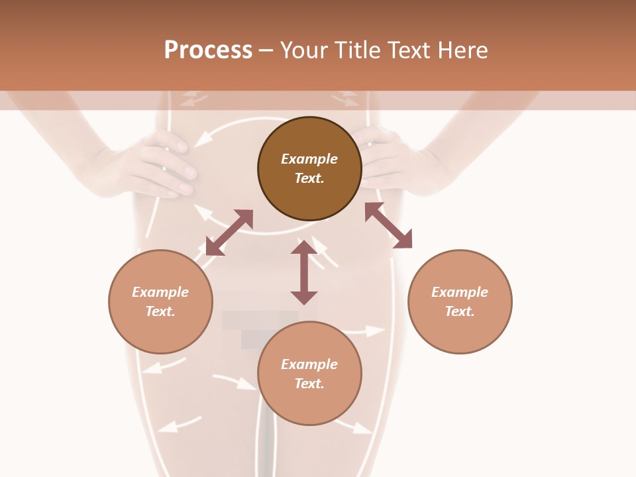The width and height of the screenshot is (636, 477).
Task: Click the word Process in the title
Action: click(x=208, y=50)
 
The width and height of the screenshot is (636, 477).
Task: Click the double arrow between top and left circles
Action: click(x=229, y=233)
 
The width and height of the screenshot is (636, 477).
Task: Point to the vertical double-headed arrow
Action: click(x=304, y=272)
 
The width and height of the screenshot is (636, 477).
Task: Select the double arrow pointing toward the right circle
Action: click(x=388, y=225)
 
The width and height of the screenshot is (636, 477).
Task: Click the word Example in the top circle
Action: click(x=309, y=159)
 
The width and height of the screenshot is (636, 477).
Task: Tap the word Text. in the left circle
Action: click(x=160, y=311)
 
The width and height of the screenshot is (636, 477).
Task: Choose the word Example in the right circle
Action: click(x=460, y=292)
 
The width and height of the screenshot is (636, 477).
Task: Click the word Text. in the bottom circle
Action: click(x=309, y=384)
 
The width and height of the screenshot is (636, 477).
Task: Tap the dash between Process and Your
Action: click(x=266, y=50)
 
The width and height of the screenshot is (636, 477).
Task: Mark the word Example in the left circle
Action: click(x=160, y=292)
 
